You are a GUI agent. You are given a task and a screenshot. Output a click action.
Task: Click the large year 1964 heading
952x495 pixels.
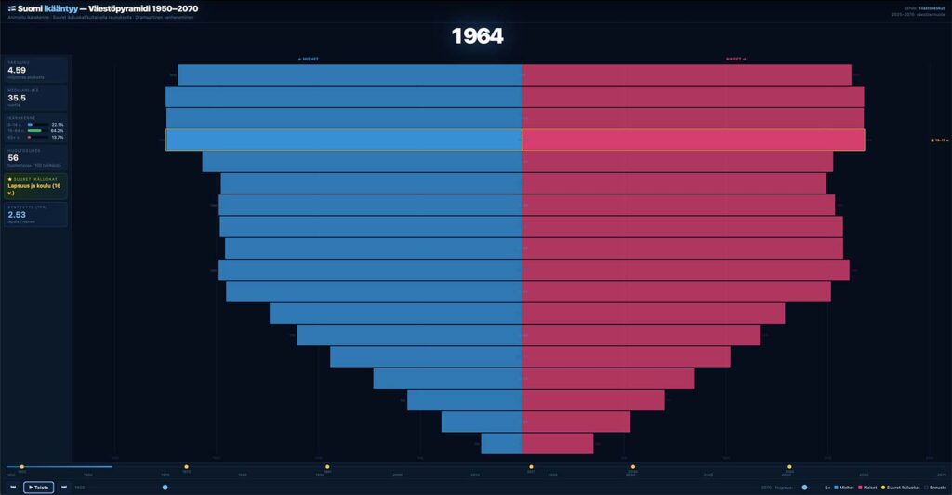coord(477,36)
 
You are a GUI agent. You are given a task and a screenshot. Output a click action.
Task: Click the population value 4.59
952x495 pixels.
coord(17,70)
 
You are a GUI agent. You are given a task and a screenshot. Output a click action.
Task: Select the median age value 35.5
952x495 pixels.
coord(17,98)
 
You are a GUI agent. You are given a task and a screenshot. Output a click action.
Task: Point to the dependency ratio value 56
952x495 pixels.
coord(13,158)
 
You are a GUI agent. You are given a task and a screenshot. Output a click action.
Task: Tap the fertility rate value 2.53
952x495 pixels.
coord(17,215)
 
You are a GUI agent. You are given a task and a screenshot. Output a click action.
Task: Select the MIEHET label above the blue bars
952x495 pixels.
coord(309,59)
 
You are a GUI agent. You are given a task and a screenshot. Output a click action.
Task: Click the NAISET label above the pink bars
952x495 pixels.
coord(735,59)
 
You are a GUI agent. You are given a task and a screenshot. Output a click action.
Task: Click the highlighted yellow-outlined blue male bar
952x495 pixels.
coord(344,140)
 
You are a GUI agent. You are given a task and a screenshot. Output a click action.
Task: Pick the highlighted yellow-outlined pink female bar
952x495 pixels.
coord(693,140)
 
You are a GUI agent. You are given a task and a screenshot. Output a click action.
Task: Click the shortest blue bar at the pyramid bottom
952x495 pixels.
coord(501,443)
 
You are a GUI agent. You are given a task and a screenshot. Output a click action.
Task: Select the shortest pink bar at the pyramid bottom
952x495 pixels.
coord(558,443)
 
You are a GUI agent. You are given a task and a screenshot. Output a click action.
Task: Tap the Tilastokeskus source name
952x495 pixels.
coord(931,8)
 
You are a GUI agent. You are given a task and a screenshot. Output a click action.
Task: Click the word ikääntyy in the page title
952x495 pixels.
coord(59,8)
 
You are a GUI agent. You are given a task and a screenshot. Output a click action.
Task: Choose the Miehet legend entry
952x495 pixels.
coord(844,488)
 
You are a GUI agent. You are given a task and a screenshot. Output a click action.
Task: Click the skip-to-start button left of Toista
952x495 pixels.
coord(13,487)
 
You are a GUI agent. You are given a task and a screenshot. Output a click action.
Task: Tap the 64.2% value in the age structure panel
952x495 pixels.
coord(58,131)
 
